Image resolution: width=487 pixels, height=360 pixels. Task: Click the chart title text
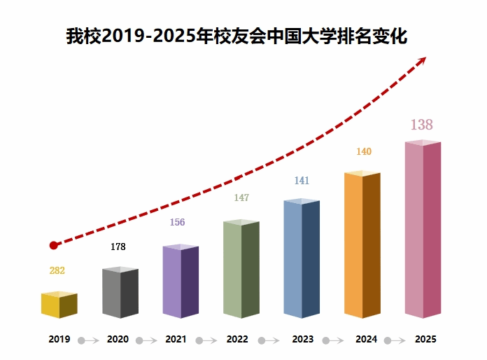pyautogui.click(x=237, y=36)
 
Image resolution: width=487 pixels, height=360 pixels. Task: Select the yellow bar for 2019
pyautogui.click(x=59, y=305)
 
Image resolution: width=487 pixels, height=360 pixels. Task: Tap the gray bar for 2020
pyautogui.click(x=120, y=293)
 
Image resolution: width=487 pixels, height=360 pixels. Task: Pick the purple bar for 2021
pyautogui.click(x=181, y=282)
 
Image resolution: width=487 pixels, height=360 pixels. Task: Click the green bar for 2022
pyautogui.click(x=241, y=270)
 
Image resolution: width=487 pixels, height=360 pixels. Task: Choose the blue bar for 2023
pyautogui.click(x=302, y=259)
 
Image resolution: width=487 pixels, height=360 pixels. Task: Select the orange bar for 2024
pyautogui.click(x=362, y=245)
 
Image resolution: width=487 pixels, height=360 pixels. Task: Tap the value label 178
pyautogui.click(x=118, y=247)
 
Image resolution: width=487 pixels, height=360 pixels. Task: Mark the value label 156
pyautogui.click(x=177, y=223)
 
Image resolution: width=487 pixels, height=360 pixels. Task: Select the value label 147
pyautogui.click(x=241, y=198)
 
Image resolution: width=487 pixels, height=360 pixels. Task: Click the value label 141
pyautogui.click(x=302, y=181)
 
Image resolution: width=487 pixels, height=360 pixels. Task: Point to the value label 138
pyautogui.click(x=421, y=125)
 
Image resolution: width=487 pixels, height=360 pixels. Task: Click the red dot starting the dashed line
pyautogui.click(x=54, y=245)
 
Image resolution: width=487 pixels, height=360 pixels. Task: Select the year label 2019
pyautogui.click(x=59, y=340)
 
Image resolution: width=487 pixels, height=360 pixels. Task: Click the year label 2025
pyautogui.click(x=425, y=340)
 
